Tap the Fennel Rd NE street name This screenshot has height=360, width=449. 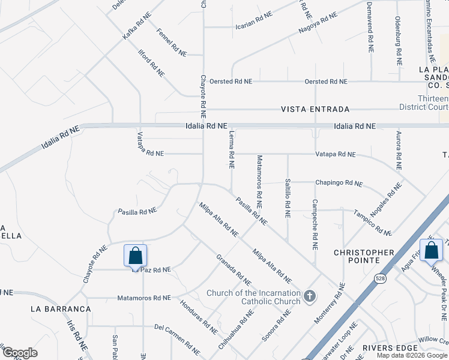172,43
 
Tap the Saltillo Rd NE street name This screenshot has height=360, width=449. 288,196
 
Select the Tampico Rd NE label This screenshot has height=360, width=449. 372,222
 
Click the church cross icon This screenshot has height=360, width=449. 310,295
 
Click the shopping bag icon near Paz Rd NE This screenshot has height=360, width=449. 136,256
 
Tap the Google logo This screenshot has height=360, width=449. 20,353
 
